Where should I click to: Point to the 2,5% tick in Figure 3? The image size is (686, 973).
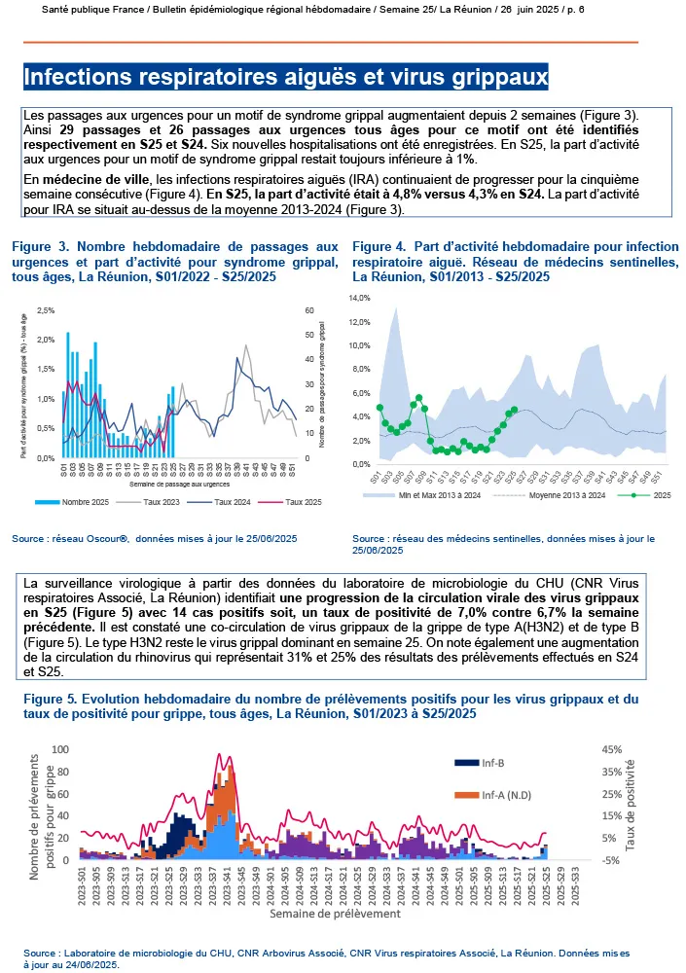(x=45, y=310)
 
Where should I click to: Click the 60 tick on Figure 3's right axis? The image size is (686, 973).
(x=309, y=310)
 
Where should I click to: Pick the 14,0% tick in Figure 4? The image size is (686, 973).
(x=361, y=298)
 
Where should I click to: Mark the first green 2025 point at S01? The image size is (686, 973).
(x=379, y=408)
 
